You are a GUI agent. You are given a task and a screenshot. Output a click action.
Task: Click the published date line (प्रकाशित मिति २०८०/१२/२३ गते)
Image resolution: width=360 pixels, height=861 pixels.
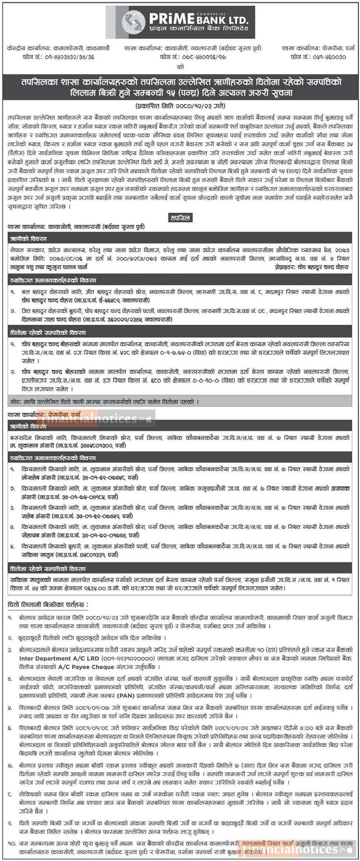pos(180,105)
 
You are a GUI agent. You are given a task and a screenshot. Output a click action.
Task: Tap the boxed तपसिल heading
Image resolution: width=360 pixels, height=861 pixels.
pos(180,218)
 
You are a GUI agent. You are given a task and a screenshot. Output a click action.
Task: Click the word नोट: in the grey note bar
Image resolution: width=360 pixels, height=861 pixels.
pos(17,402)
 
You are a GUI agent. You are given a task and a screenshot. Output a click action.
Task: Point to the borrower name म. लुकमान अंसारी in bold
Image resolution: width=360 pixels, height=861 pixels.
pos(32,446)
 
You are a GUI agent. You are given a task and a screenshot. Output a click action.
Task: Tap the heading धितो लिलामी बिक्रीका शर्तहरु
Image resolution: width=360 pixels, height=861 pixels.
pos(47,604)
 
